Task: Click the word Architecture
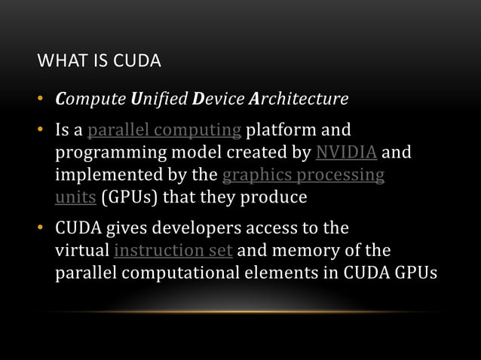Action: click(302, 99)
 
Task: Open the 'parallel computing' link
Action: click(164, 134)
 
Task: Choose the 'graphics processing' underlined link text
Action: click(303, 176)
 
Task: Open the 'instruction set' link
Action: click(173, 250)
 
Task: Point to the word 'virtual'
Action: click(82, 250)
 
